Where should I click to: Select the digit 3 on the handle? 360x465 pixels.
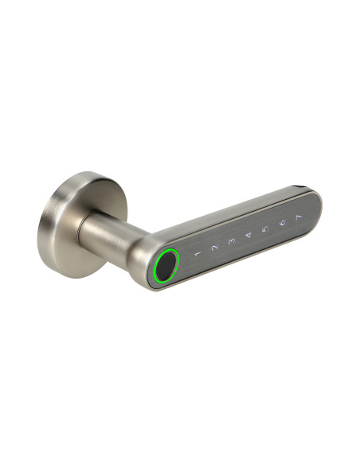[232, 240]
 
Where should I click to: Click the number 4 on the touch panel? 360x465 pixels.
[248, 235]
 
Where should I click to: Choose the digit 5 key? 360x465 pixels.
[264, 229]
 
